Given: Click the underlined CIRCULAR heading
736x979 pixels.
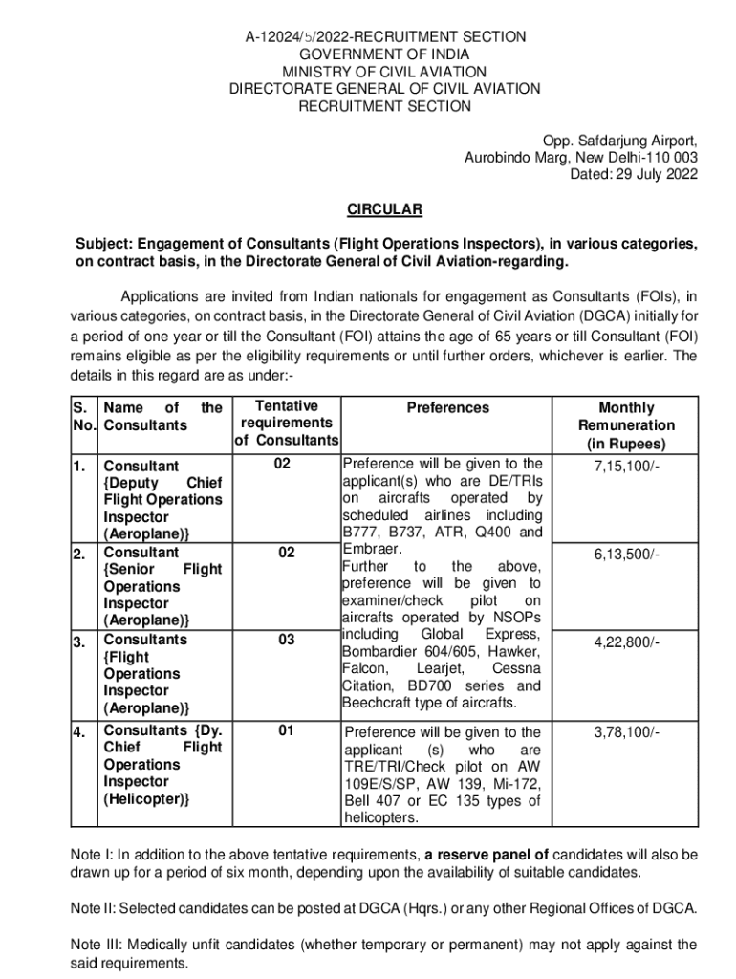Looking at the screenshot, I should click(x=384, y=209).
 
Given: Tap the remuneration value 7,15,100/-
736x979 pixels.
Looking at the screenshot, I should click(x=627, y=465).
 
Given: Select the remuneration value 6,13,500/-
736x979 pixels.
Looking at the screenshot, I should click(x=627, y=555).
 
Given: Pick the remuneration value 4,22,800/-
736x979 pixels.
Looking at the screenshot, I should click(x=627, y=642).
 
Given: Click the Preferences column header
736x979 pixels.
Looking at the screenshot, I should click(x=447, y=408).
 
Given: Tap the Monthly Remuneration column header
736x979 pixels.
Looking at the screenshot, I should click(x=627, y=425).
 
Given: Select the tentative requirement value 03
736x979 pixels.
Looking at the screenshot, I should click(x=286, y=640).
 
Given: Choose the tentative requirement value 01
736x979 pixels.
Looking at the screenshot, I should click(x=286, y=731).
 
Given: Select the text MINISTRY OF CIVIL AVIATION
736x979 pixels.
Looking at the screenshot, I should click(x=384, y=72).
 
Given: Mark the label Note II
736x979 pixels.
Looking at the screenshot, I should click(x=95, y=907).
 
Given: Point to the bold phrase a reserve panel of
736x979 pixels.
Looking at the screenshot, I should click(x=487, y=854).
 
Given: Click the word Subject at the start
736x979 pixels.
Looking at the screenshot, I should click(x=106, y=244).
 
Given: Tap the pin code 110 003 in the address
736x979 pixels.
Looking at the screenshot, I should click(x=673, y=157).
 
